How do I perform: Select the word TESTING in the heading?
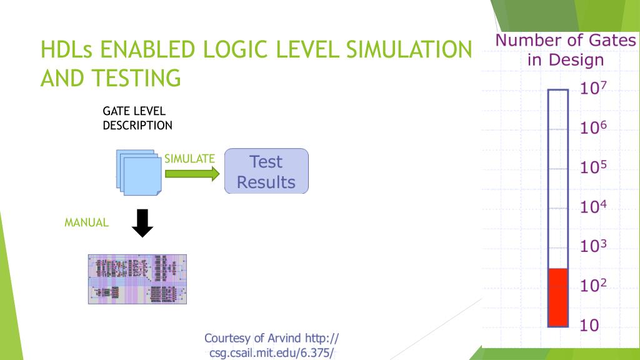coord(136,78)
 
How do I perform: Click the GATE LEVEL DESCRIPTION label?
coord(137,118)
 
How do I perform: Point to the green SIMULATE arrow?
coord(192,172)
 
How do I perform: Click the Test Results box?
coord(266,171)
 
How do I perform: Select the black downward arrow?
coord(144,224)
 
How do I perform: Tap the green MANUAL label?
coord(87,222)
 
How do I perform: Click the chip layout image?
coord(137,279)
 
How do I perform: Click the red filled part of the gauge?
coord(557,297)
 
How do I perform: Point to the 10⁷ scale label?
coord(594,89)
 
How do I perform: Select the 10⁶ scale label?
coord(594,128)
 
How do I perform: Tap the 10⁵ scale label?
coord(594,167)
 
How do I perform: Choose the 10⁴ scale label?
coord(594,207)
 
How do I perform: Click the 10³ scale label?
coord(594,246)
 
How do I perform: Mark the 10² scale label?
coord(594,286)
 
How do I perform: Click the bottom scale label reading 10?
coord(589,326)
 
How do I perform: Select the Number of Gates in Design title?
coord(565,50)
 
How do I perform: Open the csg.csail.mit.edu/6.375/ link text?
coord(271,353)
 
